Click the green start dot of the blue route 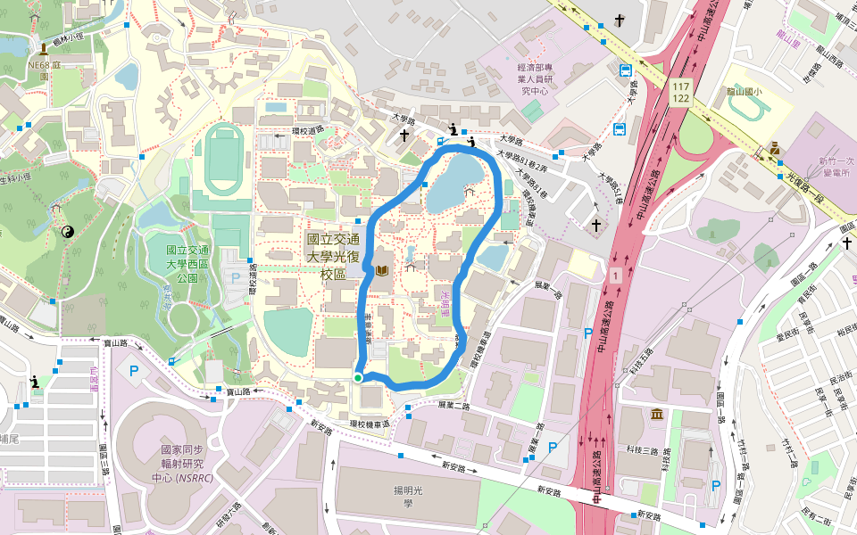coord(357,378)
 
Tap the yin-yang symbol coord(68,232)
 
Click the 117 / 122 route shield coord(681,91)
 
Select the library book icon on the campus coord(382,269)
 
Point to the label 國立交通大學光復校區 coord(333,257)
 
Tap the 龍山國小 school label coord(743,92)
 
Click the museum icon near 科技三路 coord(657,416)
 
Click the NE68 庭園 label coord(43,70)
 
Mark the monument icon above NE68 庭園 coord(43,47)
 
